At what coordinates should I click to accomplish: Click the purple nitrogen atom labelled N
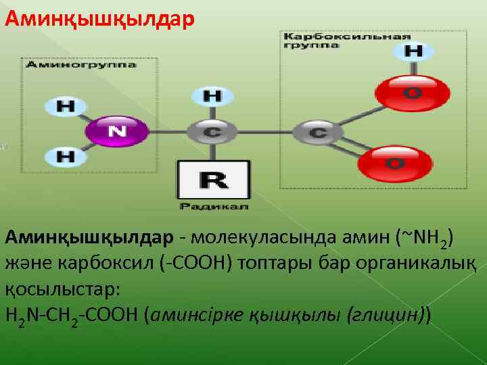pyautogui.click(x=116, y=131)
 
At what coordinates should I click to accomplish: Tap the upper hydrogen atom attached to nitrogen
pyautogui.click(x=66, y=106)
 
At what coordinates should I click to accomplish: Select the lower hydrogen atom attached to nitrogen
pyautogui.click(x=66, y=157)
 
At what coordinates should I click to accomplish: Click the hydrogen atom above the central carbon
pyautogui.click(x=212, y=96)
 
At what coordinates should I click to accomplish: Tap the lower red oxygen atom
pyautogui.click(x=394, y=163)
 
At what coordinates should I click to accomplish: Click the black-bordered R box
pyautogui.click(x=213, y=179)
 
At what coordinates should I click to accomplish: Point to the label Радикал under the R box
pyautogui.click(x=214, y=205)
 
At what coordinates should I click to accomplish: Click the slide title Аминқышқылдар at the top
pyautogui.click(x=99, y=17)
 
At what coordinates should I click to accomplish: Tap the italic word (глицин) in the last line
pyautogui.click(x=386, y=314)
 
